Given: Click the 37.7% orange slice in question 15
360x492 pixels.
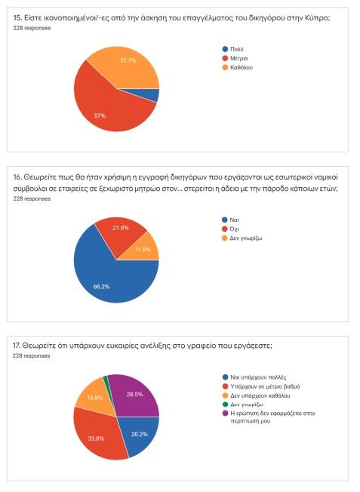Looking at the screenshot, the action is click(x=129, y=66).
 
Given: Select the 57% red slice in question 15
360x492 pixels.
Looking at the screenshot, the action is click(x=103, y=106).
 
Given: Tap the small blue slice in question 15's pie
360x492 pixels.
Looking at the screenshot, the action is click(x=151, y=95).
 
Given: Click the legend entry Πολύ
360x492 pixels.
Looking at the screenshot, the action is click(x=233, y=49).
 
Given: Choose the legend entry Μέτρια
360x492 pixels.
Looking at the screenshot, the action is click(x=235, y=58).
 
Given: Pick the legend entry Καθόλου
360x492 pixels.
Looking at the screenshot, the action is click(x=237, y=67).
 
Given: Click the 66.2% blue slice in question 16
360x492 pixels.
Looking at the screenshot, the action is click(x=106, y=276).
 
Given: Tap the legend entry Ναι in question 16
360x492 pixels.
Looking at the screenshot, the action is click(x=230, y=220).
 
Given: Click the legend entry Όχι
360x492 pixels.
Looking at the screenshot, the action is click(x=230, y=229).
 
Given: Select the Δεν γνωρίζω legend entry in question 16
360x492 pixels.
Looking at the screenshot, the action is click(x=242, y=238).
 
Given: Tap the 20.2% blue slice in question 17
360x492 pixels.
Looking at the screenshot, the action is click(x=140, y=435).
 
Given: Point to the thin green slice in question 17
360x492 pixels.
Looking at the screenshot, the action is click(x=106, y=381).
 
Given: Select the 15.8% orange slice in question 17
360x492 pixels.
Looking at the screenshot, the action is click(x=94, y=397).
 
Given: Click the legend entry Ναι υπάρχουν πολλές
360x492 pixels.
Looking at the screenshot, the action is click(x=254, y=377).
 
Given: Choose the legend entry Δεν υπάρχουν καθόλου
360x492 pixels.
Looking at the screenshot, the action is click(x=256, y=395).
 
